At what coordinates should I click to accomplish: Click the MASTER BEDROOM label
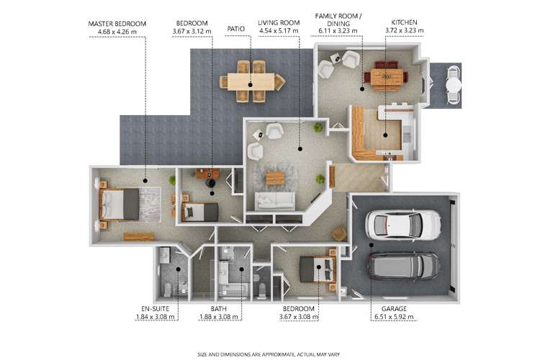coord(117,24)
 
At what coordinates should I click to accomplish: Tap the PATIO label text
coord(236,29)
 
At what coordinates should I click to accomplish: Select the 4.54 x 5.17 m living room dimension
coord(279,31)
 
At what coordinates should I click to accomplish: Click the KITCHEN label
coord(405,22)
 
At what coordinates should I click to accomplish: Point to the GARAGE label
coord(394,309)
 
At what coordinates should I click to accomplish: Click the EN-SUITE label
coord(156,309)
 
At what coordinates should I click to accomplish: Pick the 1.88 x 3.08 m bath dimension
coord(219,317)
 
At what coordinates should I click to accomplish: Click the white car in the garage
coord(402,225)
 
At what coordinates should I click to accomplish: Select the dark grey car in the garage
coord(403,266)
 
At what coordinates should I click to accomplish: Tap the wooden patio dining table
coord(251,81)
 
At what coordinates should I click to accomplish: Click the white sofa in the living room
coord(275,201)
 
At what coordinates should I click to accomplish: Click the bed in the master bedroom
coord(119,204)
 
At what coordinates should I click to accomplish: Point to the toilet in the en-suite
coord(167,290)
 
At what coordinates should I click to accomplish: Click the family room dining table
coord(387,77)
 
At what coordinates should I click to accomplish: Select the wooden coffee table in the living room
coord(275,178)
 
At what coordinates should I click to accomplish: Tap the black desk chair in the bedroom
coord(210,183)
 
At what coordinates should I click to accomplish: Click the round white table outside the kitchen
coord(453,84)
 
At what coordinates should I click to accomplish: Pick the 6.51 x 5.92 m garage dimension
coord(394,317)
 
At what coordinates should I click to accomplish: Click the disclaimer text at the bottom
coord(269,354)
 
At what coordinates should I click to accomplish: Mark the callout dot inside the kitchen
coord(385,135)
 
